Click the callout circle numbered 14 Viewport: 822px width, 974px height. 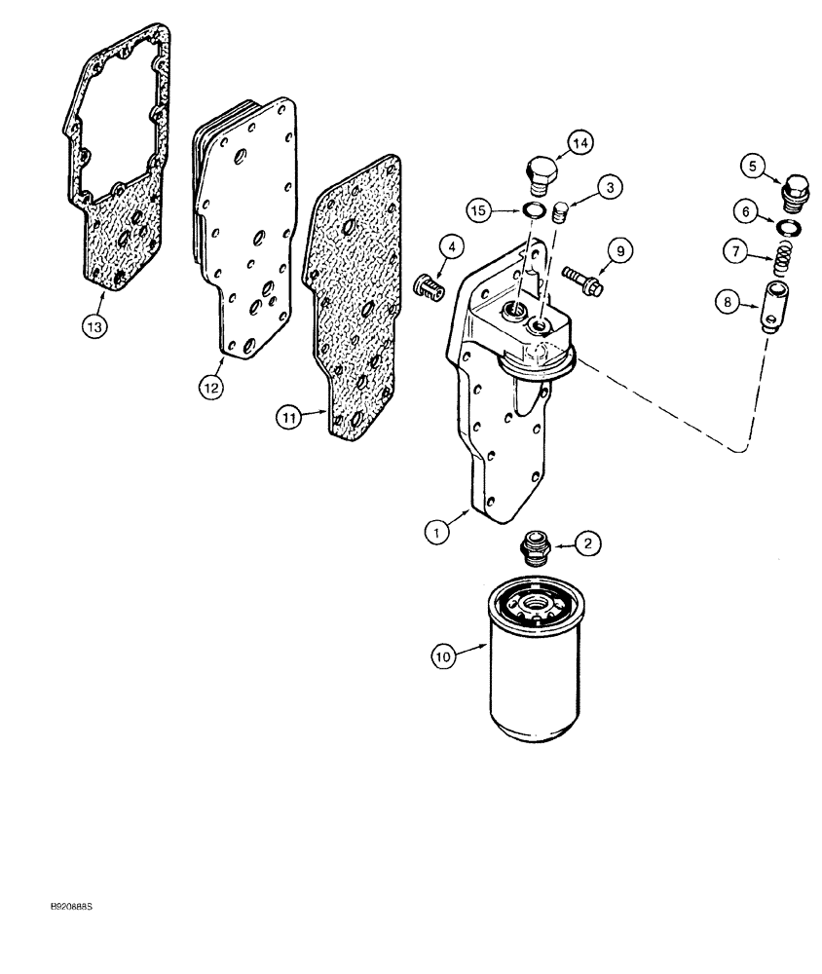(x=580, y=144)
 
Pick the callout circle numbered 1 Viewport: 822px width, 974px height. (x=438, y=532)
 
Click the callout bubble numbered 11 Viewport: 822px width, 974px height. (x=289, y=417)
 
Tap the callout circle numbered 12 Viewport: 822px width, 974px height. (x=209, y=387)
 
